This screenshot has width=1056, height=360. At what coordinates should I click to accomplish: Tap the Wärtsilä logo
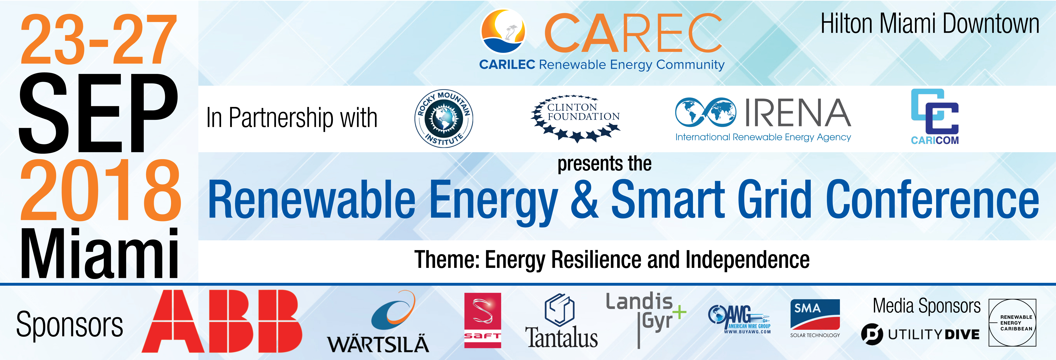[x=378, y=322]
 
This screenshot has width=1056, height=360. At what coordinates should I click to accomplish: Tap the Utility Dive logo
[x=920, y=334]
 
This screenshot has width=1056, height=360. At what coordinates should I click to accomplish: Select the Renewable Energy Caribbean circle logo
[x=1012, y=323]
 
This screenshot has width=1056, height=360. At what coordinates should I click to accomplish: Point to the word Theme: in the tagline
[x=447, y=260]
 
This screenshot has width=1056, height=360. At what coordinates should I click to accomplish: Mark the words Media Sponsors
[x=926, y=306]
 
